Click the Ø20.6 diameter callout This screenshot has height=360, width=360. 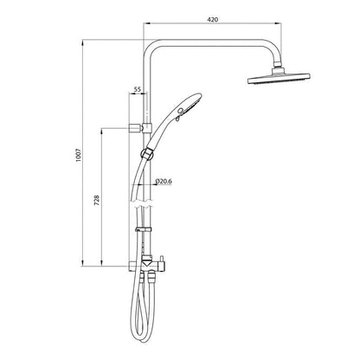(165, 183)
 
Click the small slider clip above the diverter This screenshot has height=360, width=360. (144, 231)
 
